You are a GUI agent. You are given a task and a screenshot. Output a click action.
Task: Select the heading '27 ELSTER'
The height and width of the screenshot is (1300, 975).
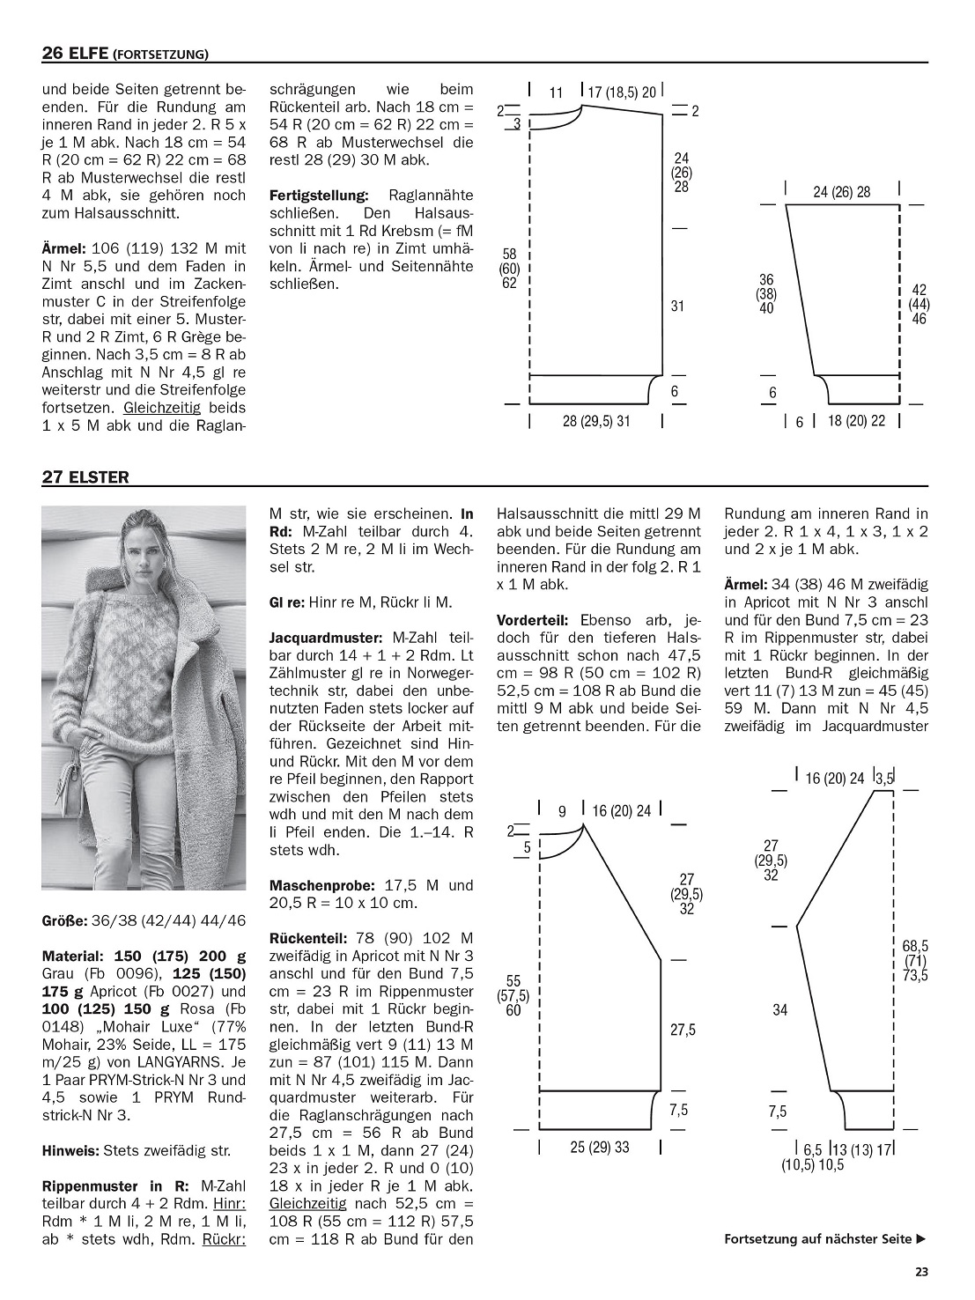click(85, 477)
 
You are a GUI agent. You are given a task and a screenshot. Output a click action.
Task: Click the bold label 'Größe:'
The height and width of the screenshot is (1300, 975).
click(64, 920)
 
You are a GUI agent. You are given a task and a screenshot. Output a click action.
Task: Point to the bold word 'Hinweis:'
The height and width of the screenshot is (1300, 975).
click(70, 1150)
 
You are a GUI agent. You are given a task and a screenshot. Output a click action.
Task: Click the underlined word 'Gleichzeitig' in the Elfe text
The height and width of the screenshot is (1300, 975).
click(162, 408)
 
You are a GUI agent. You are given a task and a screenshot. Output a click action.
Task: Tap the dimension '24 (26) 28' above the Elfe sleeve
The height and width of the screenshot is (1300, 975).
click(841, 192)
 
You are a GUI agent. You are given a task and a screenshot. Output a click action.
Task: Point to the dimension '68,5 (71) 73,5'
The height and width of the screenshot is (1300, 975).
click(914, 961)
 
